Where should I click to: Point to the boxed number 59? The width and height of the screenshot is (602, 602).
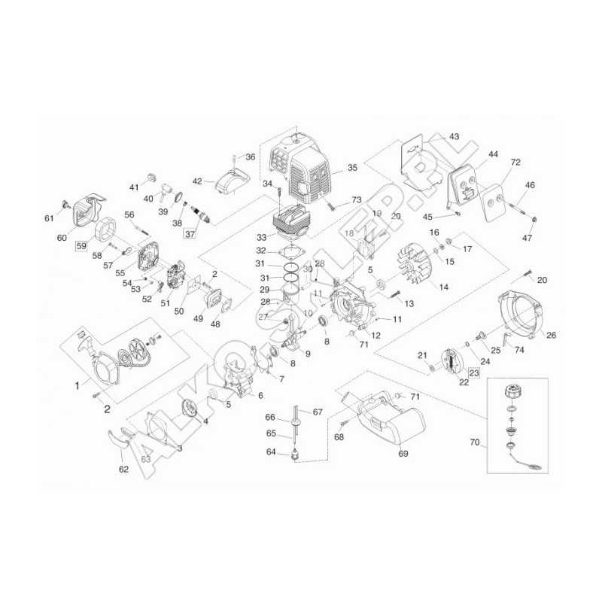(80, 245)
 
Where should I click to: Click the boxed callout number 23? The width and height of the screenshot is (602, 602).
(473, 372)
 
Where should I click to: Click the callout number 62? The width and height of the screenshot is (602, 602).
(124, 470)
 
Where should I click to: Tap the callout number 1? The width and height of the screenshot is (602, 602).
(77, 385)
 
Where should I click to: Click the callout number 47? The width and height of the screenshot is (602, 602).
(528, 239)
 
